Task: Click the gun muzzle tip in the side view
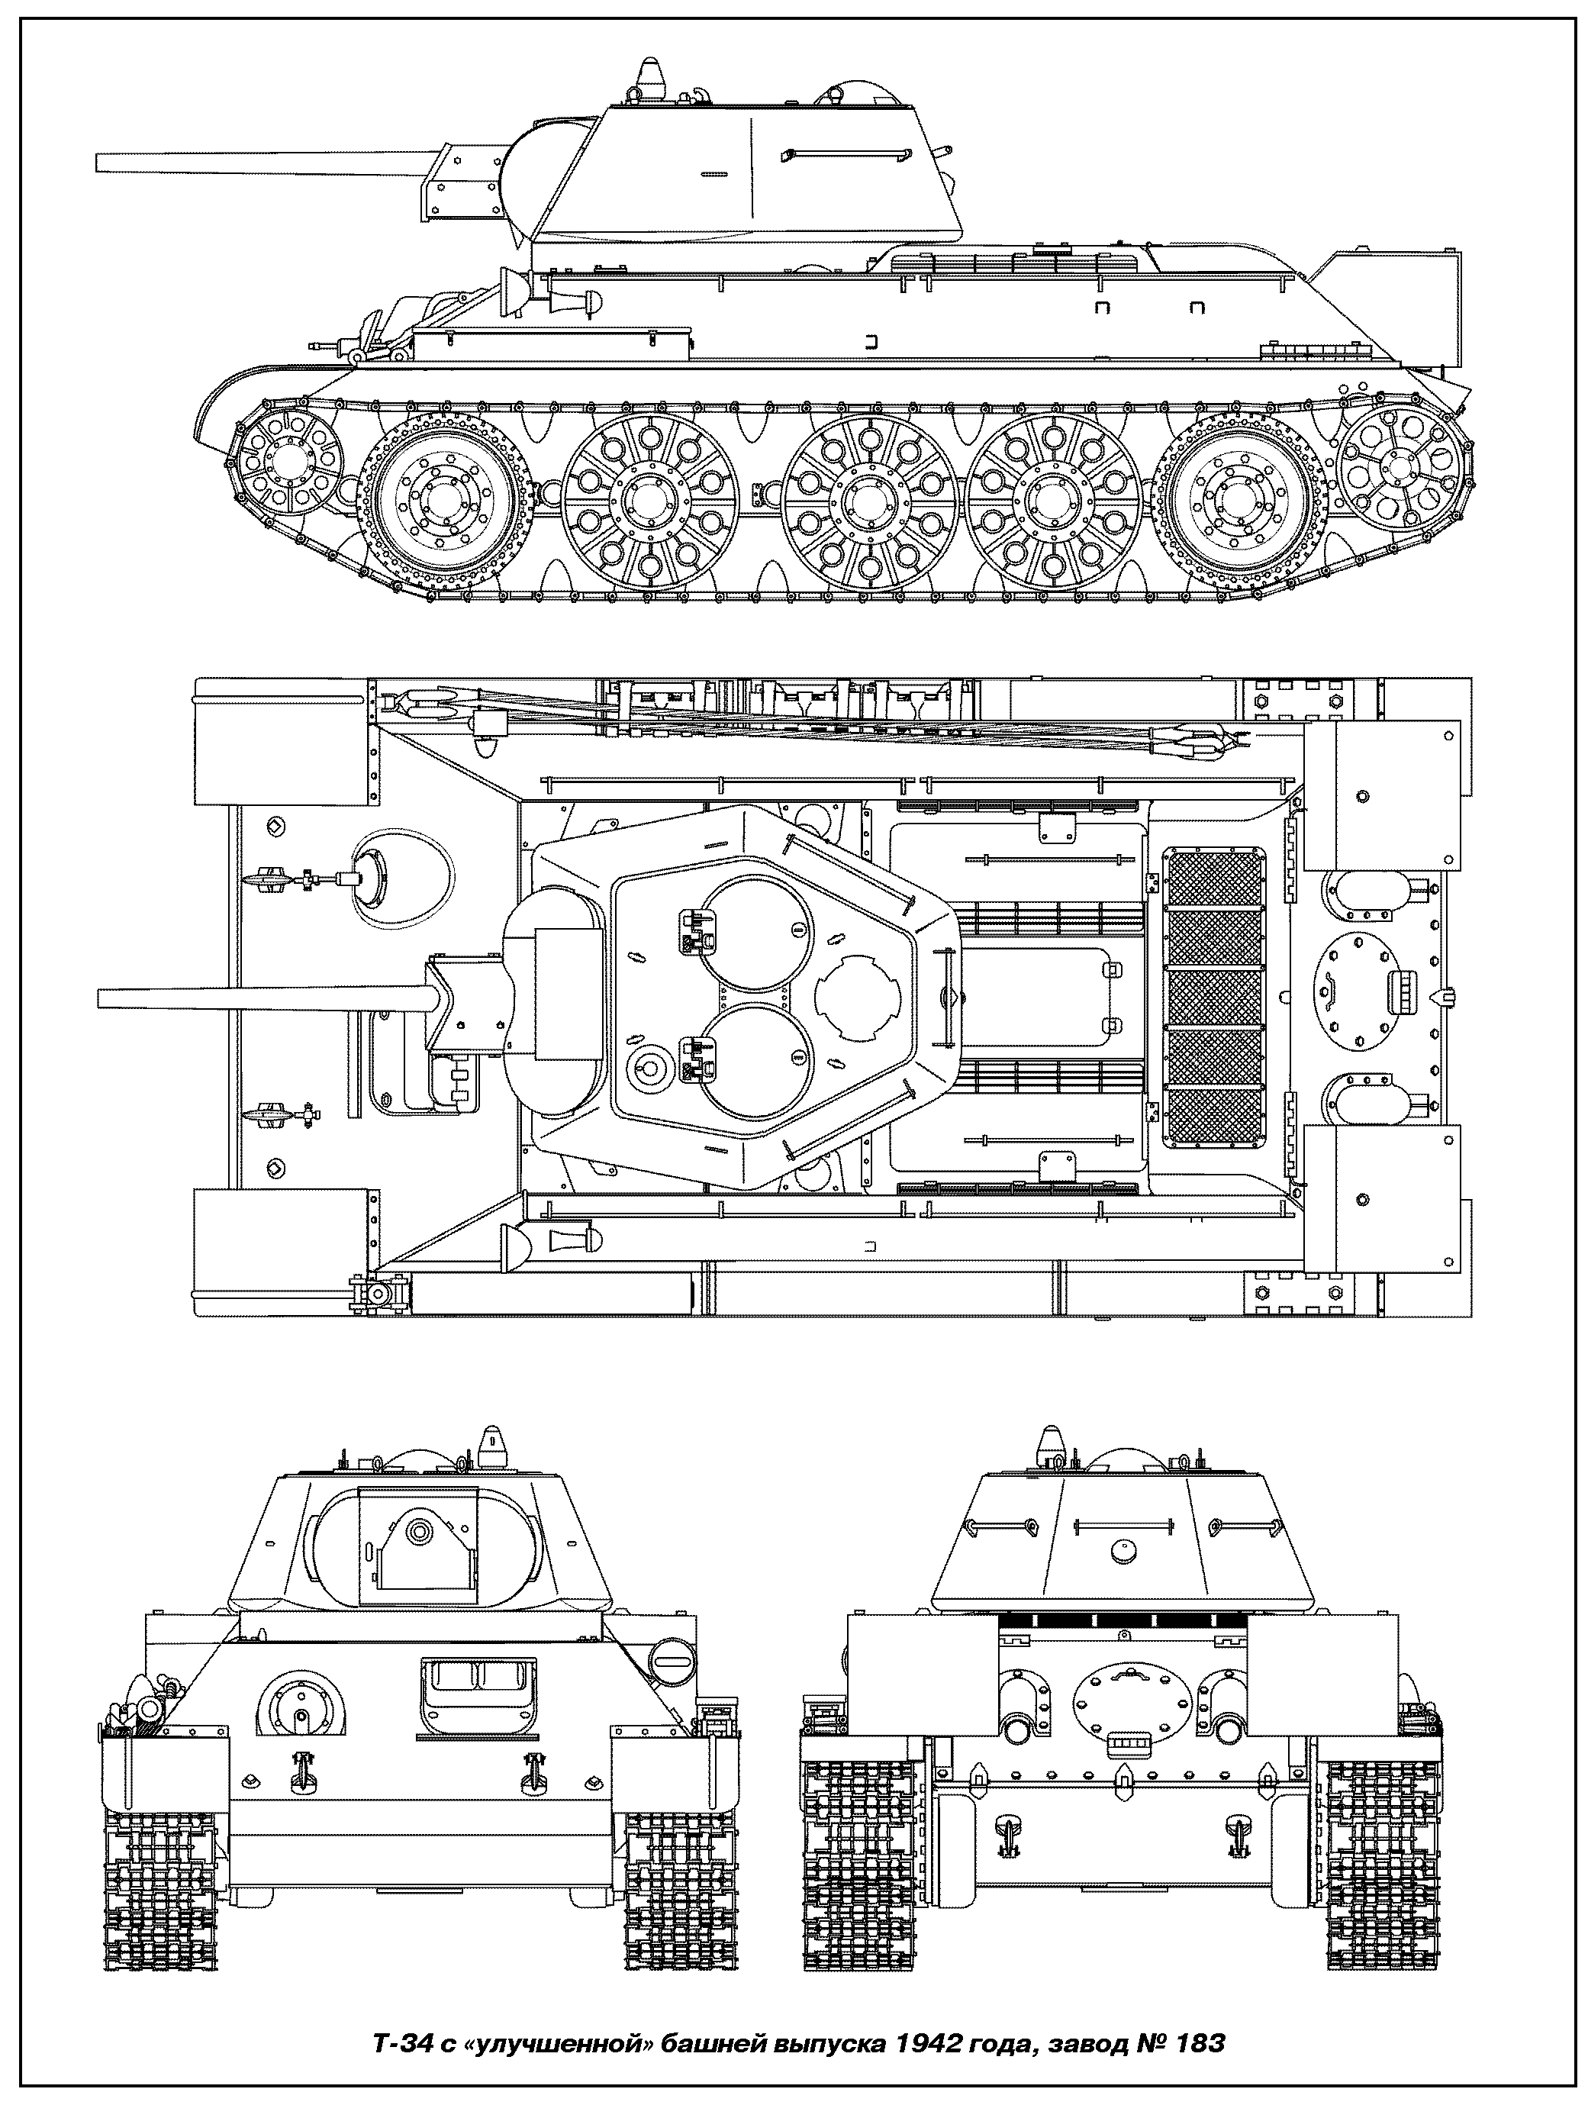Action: pyautogui.click(x=98, y=162)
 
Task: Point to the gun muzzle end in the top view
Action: pyautogui.click(x=99, y=998)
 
